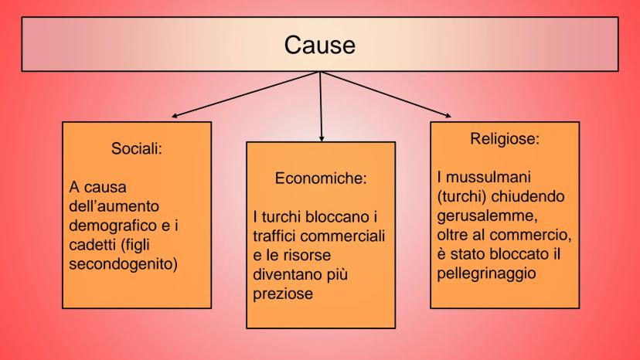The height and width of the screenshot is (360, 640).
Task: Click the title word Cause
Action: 319,46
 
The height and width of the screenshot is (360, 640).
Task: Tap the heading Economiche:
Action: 319,178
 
